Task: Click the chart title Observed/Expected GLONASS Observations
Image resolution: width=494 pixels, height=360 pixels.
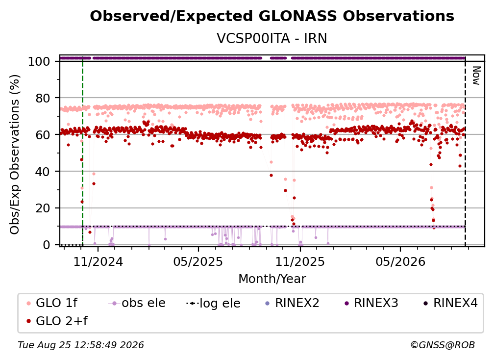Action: coord(272,16)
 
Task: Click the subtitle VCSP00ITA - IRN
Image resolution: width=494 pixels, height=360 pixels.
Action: coord(272,38)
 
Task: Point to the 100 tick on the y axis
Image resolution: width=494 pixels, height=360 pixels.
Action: coord(39,61)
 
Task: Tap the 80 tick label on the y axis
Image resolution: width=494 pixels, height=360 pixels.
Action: coord(43,99)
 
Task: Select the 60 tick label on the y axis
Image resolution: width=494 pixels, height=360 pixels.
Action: coord(43,135)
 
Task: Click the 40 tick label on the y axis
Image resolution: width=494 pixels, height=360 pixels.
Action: coord(43,172)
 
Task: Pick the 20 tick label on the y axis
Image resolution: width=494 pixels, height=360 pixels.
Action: coord(43,208)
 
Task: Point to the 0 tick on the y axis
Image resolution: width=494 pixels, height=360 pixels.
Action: coord(47,245)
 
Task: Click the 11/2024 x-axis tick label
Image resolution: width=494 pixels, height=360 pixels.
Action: coord(98,261)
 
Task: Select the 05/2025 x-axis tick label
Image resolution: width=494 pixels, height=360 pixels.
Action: coord(198,261)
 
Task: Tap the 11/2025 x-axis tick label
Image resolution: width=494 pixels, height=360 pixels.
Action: coord(300,261)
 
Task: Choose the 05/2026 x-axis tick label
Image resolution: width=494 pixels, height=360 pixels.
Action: coord(400,261)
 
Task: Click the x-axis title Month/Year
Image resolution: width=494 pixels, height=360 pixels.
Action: coord(272,279)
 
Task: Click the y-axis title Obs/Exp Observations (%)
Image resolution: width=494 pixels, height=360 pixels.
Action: coord(15,154)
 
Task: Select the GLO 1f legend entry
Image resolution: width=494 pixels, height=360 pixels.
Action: coord(52,303)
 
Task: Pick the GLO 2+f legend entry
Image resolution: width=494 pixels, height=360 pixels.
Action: coord(57,321)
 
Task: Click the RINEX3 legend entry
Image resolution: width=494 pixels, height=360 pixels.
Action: coord(371,303)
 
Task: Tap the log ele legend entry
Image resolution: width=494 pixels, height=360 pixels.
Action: coord(214,303)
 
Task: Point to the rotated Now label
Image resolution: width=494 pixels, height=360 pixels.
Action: coord(476,76)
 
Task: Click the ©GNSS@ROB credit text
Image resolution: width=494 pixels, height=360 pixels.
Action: coord(443,345)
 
